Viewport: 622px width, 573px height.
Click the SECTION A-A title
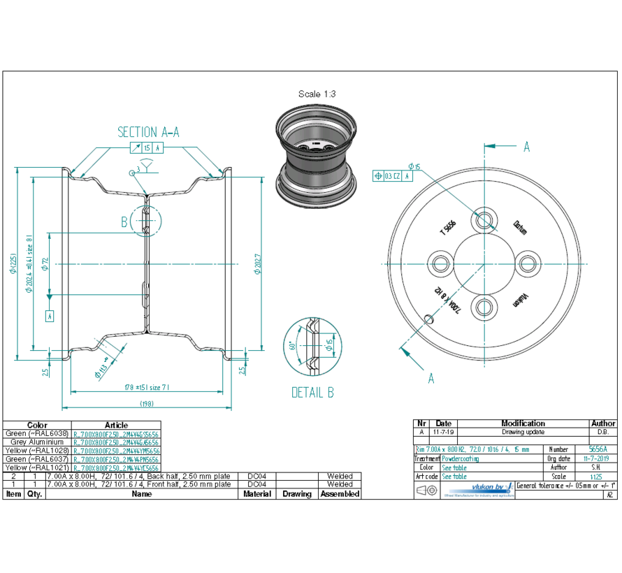point(147,132)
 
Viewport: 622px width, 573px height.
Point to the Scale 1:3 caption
point(318,94)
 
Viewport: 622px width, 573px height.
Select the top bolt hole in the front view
point(484,219)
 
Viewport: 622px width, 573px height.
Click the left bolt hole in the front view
point(440,263)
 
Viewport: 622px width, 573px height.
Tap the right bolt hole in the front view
point(528,263)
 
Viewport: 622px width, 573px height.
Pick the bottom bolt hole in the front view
point(484,307)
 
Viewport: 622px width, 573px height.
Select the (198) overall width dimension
point(146,404)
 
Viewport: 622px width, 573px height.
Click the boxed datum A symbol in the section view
point(50,316)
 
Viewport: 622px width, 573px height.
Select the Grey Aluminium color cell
point(37,442)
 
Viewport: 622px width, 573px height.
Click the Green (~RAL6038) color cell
point(37,433)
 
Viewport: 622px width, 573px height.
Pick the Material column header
point(256,494)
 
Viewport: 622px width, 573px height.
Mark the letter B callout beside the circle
point(124,222)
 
